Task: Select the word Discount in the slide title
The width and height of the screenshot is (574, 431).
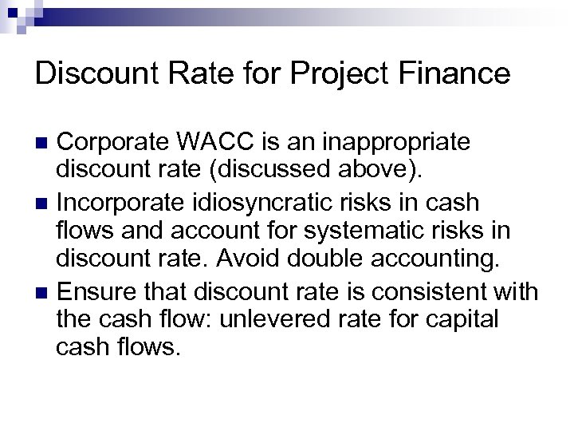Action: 93,73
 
